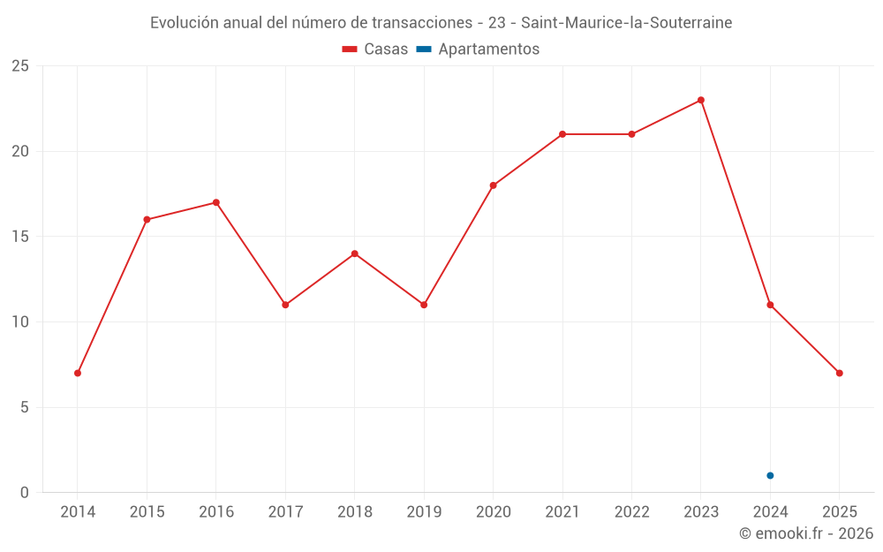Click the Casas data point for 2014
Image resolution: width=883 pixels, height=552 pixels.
pyautogui.click(x=78, y=373)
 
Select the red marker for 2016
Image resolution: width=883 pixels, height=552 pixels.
pyautogui.click(x=216, y=202)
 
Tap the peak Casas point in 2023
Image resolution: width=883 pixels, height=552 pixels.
pyautogui.click(x=701, y=100)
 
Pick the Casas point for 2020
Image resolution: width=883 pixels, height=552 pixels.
pyautogui.click(x=493, y=185)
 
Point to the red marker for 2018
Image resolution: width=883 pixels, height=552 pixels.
pyautogui.click(x=355, y=253)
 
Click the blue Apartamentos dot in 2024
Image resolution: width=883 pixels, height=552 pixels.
pyautogui.click(x=770, y=475)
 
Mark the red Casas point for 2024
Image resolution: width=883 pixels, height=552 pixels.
pyautogui.click(x=770, y=305)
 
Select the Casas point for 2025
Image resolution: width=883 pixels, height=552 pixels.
pyautogui.click(x=840, y=373)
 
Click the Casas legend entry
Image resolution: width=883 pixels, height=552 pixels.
pyautogui.click(x=375, y=49)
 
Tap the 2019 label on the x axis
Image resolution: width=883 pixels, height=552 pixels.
pyautogui.click(x=424, y=512)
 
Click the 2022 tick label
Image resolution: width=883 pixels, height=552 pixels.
pyautogui.click(x=631, y=512)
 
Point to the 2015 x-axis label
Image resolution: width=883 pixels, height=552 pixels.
pyautogui.click(x=147, y=512)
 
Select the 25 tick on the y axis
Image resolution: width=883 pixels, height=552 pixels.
pyautogui.click(x=19, y=66)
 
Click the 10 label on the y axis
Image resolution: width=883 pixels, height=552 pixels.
pyautogui.click(x=19, y=321)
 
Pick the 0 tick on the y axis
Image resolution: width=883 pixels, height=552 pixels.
pyautogui.click(x=24, y=492)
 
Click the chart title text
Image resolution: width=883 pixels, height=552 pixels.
pyautogui.click(x=441, y=23)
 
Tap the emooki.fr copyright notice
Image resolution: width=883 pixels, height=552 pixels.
pyautogui.click(x=806, y=533)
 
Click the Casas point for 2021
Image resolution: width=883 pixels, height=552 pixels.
pyautogui.click(x=562, y=134)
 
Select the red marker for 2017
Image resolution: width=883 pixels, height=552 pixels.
pyautogui.click(x=285, y=305)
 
